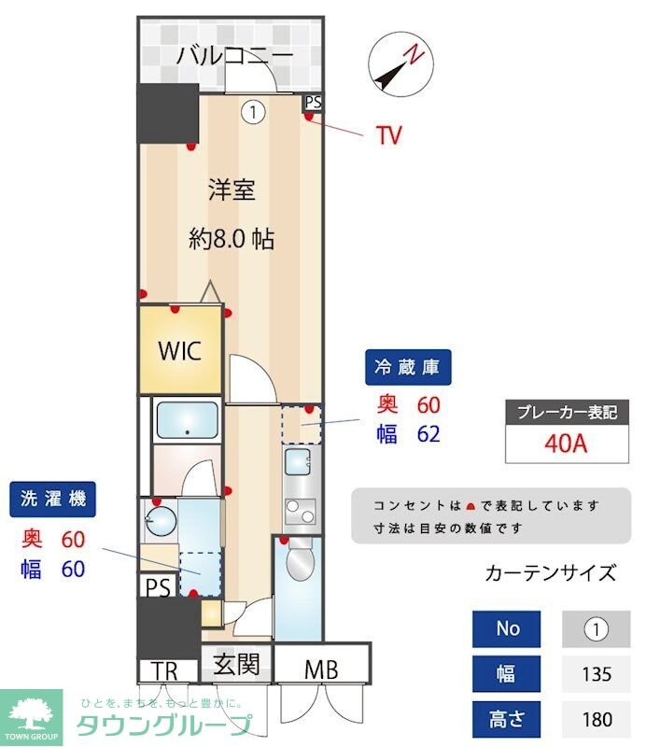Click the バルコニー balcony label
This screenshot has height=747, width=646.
(234, 56)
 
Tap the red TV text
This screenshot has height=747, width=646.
(389, 135)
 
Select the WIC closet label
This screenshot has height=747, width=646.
(178, 351)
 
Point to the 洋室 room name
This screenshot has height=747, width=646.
(231, 190)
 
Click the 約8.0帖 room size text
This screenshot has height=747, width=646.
(231, 239)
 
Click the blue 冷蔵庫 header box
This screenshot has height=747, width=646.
(407, 367)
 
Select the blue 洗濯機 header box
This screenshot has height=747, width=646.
(53, 500)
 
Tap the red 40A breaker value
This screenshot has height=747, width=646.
(566, 443)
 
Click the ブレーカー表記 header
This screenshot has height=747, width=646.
(567, 412)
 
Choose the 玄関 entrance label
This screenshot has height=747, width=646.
(236, 667)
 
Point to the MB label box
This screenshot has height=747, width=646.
(319, 669)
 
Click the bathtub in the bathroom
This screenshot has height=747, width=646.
(187, 420)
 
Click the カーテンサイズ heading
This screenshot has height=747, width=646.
(551, 572)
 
